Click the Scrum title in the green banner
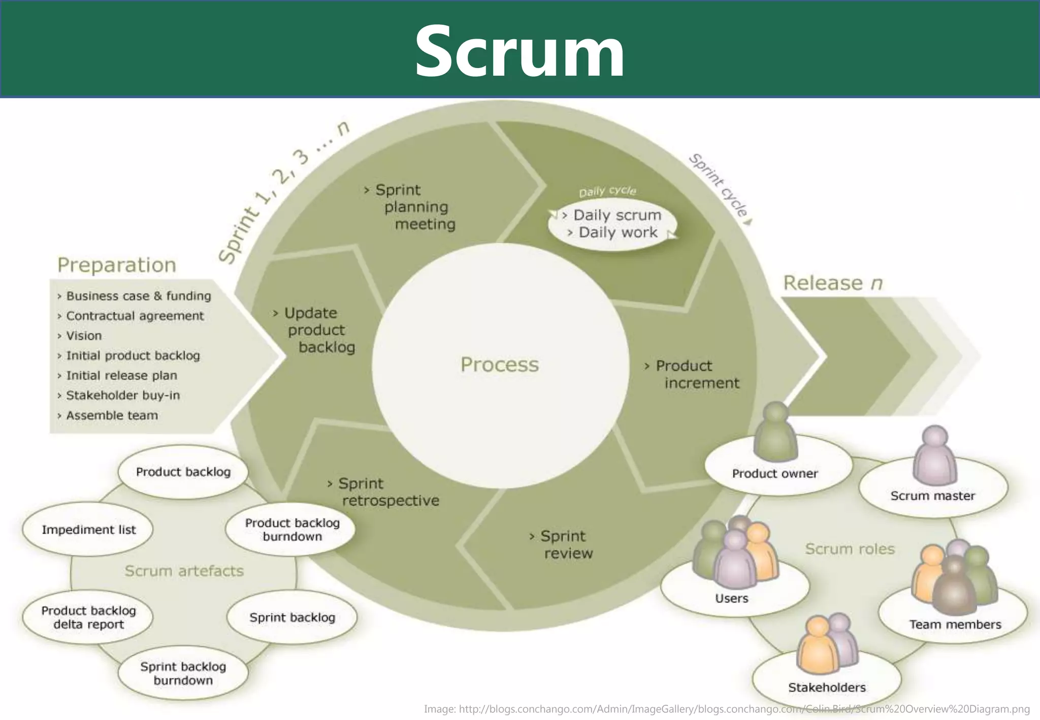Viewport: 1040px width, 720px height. tap(519, 51)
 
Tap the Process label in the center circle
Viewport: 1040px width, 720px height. tap(499, 365)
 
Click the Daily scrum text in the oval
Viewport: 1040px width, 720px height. tap(616, 215)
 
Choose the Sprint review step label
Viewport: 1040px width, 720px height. tap(564, 544)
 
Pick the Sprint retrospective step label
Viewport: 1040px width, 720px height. tap(386, 492)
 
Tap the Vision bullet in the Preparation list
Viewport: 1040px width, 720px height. tap(83, 336)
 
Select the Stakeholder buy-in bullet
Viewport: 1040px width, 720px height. tap(122, 396)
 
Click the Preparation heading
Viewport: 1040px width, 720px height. tap(116, 265)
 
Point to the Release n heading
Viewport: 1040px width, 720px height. tap(833, 283)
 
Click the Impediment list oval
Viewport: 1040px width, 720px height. tap(88, 530)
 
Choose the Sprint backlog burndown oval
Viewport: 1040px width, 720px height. tap(183, 673)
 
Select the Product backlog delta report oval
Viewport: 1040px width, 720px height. tap(88, 617)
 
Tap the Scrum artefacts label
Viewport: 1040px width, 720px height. tap(184, 571)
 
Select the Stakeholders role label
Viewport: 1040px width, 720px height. tap(827, 688)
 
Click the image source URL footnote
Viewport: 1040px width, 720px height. tap(727, 709)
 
